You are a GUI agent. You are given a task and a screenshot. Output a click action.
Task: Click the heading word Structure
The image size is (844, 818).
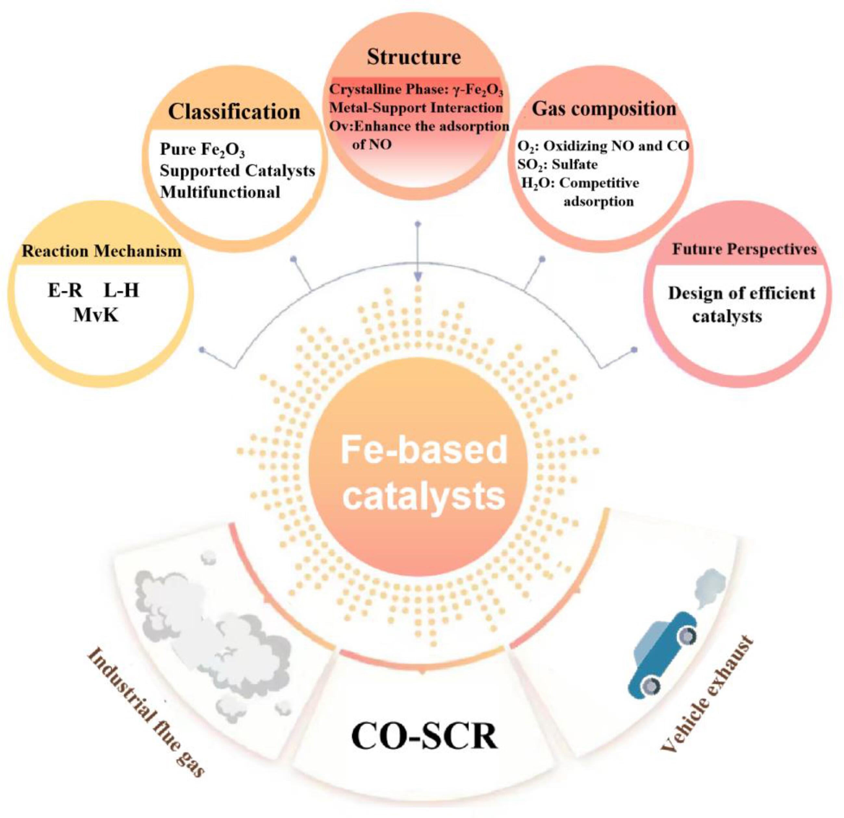pos(414,57)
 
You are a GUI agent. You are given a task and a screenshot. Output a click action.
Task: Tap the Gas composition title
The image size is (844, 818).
pos(604,109)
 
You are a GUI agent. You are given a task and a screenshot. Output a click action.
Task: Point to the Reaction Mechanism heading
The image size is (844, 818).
pos(102,251)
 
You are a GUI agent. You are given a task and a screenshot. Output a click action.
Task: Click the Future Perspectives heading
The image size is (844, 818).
pos(744,249)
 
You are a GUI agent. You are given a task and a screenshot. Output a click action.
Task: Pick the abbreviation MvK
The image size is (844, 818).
pos(96,316)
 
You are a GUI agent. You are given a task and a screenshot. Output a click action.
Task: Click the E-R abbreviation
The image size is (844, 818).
pos(65,291)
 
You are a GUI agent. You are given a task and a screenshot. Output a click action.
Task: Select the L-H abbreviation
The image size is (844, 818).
pos(121,291)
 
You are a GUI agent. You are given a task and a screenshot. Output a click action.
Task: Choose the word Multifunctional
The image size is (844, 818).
pos(220,192)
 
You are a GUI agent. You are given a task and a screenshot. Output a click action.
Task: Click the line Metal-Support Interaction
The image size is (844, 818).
pos(416,107)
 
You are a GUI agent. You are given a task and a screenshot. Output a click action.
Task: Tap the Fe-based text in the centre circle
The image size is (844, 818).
pos(424,450)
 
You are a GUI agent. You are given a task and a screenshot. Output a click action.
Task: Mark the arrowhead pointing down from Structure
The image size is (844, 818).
pos(417,277)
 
